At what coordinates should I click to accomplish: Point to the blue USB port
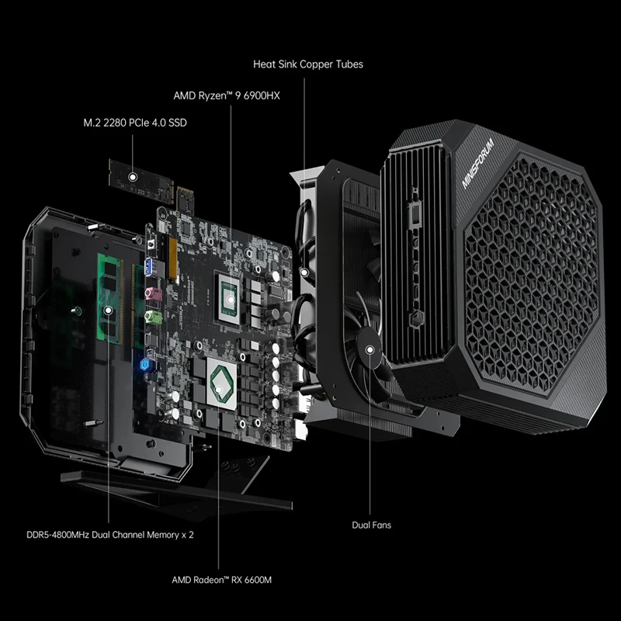point(149,269)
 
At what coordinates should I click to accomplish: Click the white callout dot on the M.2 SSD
point(134,178)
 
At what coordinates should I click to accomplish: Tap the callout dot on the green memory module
point(109,309)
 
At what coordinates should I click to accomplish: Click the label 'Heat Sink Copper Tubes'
point(307,64)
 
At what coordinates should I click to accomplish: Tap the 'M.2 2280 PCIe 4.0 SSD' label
point(134,123)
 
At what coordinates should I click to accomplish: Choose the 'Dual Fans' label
point(372,526)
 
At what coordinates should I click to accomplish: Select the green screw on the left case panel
point(75,312)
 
